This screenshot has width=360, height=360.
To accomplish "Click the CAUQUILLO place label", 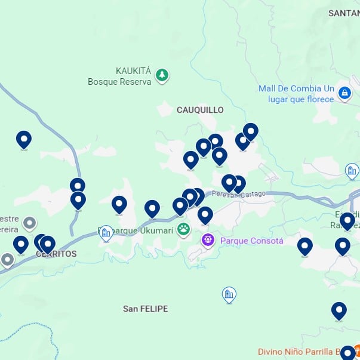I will point(200,110).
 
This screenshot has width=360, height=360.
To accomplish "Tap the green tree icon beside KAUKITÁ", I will point(162,75).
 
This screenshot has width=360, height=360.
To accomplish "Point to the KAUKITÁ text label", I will point(134,70).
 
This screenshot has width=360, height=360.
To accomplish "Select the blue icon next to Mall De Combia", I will point(344,93).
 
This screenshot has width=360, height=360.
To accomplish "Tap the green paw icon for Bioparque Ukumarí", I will point(183,229).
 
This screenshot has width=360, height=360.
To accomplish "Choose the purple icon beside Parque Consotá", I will point(208,241).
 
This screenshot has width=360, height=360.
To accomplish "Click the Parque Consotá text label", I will point(251,241).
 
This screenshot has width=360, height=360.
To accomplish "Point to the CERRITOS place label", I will point(56,254).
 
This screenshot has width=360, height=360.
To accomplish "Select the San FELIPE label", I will point(145,309).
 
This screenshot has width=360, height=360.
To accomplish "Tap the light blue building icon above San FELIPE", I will point(229,294).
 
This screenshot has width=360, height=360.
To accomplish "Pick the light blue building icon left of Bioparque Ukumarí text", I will point(106,233).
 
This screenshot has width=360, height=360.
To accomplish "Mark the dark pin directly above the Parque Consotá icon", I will point(205,215).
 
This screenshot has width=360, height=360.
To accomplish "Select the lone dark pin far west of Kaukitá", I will point(23,140).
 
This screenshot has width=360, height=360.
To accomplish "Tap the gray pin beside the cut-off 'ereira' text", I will point(28,224).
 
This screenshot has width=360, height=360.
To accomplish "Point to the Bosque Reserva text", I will point(119,82).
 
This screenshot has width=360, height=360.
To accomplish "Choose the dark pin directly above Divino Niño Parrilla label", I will point(339,310).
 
